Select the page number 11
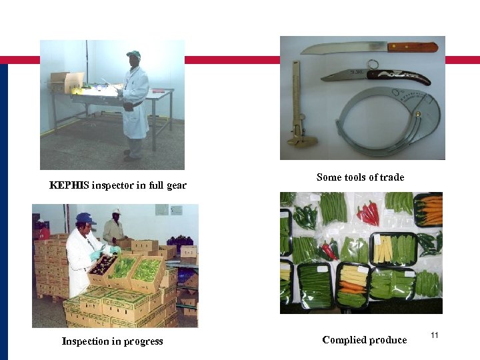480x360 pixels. pyautogui.click(x=435, y=335)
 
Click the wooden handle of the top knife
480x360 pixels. pyautogui.click(x=413, y=47)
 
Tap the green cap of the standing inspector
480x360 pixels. pyautogui.click(x=134, y=54)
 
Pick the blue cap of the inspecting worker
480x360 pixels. pyautogui.click(x=85, y=218)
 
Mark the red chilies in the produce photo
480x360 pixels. pyautogui.click(x=368, y=213)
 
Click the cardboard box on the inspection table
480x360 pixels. pyautogui.click(x=65, y=81)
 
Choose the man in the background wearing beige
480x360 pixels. pyautogui.click(x=114, y=229)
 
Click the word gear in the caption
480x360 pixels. pyautogui.click(x=175, y=185)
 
